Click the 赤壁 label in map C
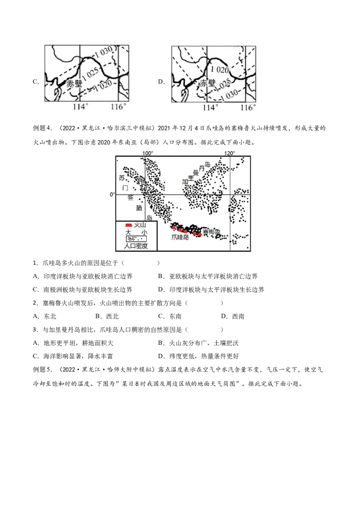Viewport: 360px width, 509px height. pyautogui.click(x=74, y=84)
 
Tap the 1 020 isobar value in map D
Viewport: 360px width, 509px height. pyautogui.click(x=219, y=69)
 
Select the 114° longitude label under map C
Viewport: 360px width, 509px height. pyautogui.click(x=81, y=107)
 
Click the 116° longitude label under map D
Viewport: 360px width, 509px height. pyautogui.click(x=248, y=107)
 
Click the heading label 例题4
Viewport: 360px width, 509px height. pyautogui.click(x=43, y=128)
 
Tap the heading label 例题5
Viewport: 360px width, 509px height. pyautogui.click(x=43, y=370)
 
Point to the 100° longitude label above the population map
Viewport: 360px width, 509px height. pyautogui.click(x=148, y=153)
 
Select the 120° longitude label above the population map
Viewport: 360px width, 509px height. pyautogui.click(x=229, y=153)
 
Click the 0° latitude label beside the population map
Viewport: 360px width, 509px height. pyautogui.click(x=112, y=194)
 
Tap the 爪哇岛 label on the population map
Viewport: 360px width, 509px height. pyautogui.click(x=180, y=237)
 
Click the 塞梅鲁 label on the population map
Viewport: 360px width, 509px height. pyautogui.click(x=211, y=232)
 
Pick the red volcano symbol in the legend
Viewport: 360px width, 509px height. pyautogui.click(x=129, y=225)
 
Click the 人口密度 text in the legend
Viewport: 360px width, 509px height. pyautogui.click(x=136, y=246)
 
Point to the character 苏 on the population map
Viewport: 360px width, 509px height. pyautogui.click(x=122, y=178)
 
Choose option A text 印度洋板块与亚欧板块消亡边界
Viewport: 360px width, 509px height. pyautogui.click(x=88, y=277)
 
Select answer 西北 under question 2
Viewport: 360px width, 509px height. pyautogui.click(x=112, y=317)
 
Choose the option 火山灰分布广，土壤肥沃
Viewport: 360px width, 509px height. pyautogui.click(x=204, y=343)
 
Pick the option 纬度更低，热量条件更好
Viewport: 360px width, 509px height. pyautogui.click(x=204, y=357)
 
